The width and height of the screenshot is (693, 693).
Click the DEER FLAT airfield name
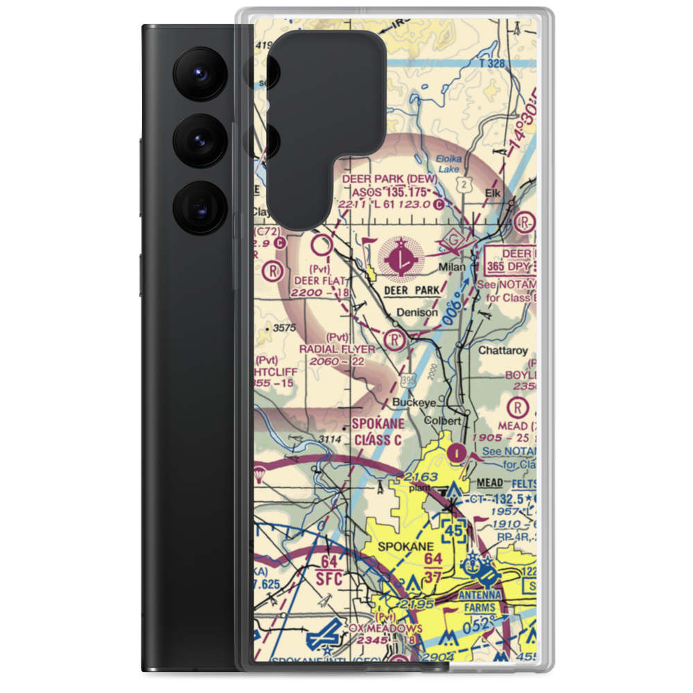[315, 281]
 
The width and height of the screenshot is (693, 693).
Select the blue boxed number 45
[454, 531]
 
